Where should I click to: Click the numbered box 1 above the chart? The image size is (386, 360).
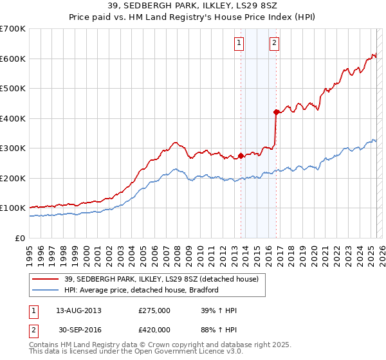pyautogui.click(x=239, y=43)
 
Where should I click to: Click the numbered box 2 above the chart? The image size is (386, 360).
pyautogui.click(x=274, y=43)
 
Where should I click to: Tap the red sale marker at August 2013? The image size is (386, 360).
pyautogui.click(x=241, y=156)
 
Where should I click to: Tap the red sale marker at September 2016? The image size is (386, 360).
pyautogui.click(x=276, y=113)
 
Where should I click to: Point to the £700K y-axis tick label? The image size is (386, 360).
pyautogui.click(x=13, y=29)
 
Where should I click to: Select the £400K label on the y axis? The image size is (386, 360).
pyautogui.click(x=13, y=118)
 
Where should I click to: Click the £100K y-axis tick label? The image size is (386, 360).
pyautogui.click(x=13, y=208)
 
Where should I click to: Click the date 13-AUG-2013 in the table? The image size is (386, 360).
pyautogui.click(x=79, y=310)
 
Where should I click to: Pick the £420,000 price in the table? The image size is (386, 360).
pyautogui.click(x=154, y=330)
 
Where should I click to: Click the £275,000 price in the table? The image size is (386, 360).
pyautogui.click(x=154, y=310)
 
